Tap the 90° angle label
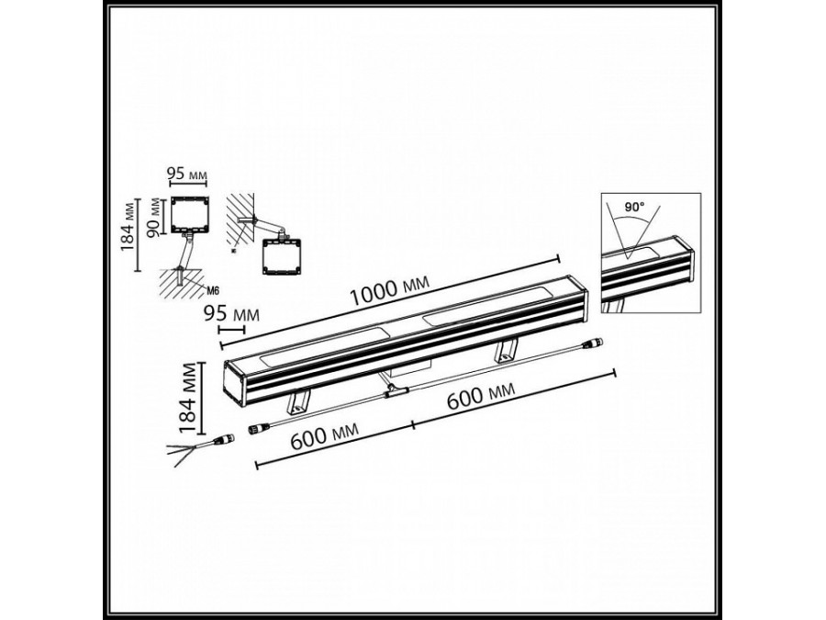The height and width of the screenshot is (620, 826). point(635,209)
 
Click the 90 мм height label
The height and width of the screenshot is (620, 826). point(155,217)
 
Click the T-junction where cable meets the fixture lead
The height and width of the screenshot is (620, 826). point(396,392)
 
